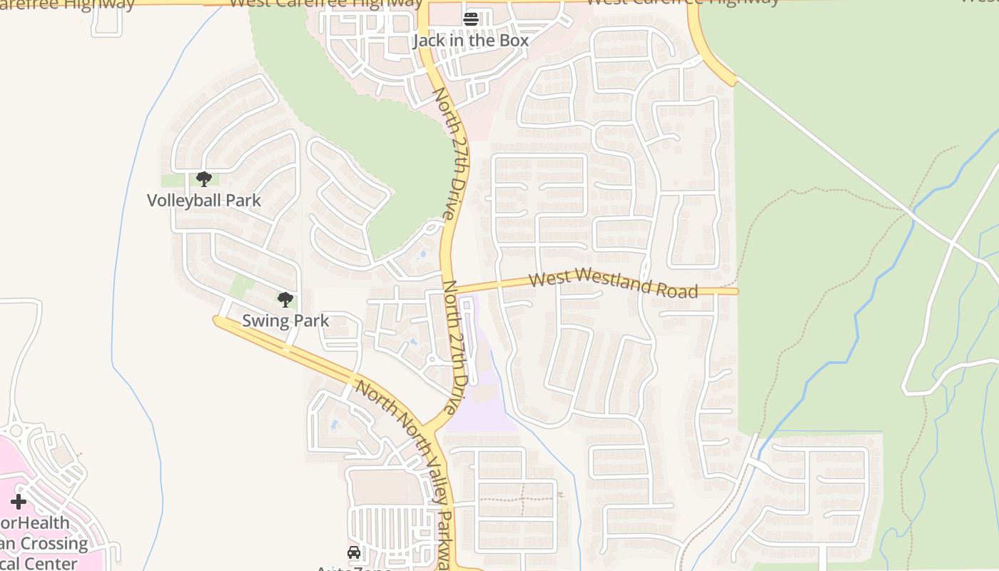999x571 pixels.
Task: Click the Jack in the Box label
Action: click(x=470, y=41)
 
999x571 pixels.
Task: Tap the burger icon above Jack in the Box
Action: click(x=470, y=19)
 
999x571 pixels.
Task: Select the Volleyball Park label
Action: click(x=204, y=201)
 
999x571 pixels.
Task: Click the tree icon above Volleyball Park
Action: click(x=204, y=178)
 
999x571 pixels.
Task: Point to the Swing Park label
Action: click(x=285, y=320)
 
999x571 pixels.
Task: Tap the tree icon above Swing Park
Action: click(x=285, y=299)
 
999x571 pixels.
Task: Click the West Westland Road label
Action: click(x=614, y=283)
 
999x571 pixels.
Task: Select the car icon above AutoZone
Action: click(x=354, y=552)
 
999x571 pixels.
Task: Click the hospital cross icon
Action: click(x=19, y=502)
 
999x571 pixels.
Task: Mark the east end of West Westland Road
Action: click(x=735, y=291)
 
